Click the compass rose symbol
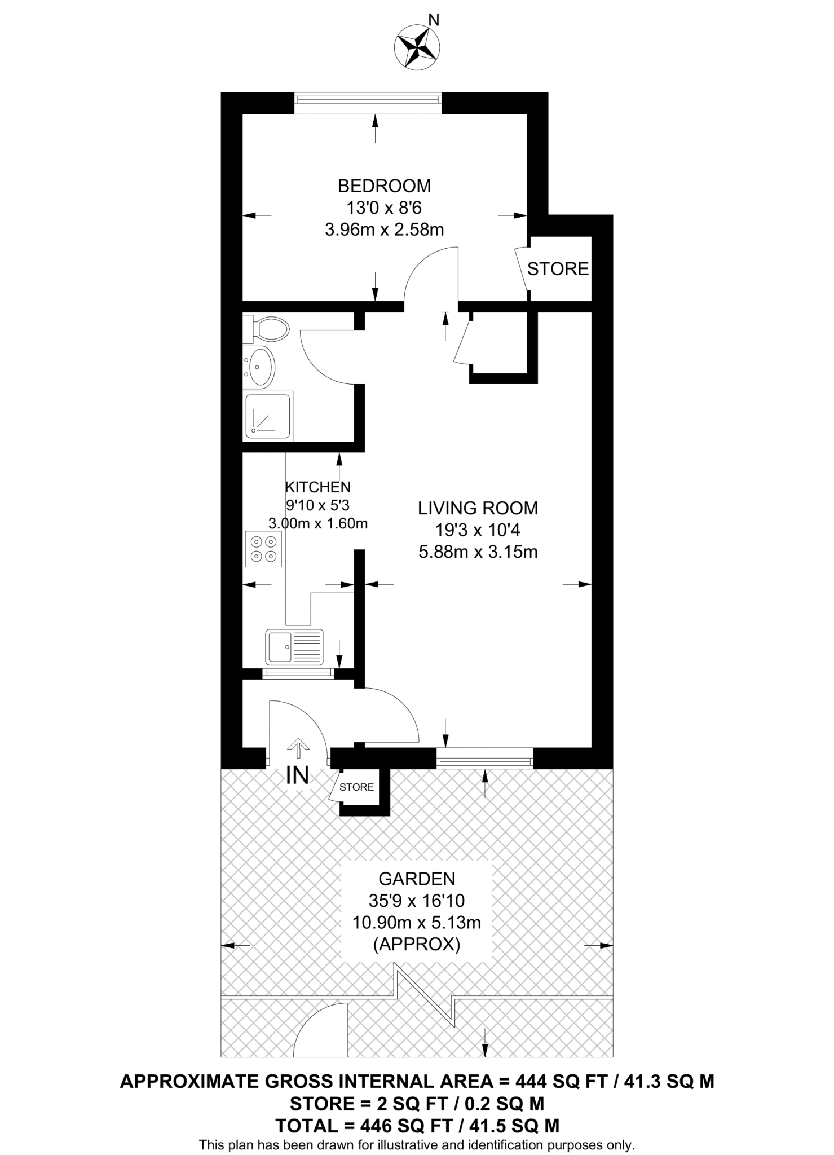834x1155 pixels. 417,49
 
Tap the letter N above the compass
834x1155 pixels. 434,20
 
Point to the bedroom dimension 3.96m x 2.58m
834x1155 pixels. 384,230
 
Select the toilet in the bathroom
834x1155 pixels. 267,329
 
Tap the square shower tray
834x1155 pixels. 268,417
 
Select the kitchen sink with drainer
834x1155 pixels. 295,647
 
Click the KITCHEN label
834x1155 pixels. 317,487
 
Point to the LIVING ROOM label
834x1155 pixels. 478,508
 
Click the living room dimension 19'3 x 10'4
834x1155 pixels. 478,530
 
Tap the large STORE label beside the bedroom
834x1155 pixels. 558,269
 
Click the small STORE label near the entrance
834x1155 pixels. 356,787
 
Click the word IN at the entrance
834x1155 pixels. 297,776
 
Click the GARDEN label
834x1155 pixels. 417,879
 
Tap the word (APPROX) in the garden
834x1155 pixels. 417,944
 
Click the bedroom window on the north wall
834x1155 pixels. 368,99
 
